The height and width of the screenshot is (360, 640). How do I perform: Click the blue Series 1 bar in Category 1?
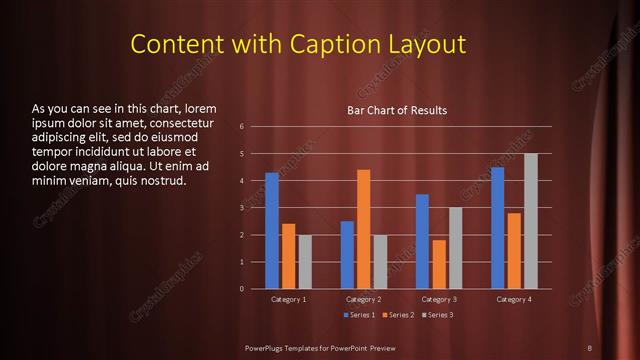coord(272,231)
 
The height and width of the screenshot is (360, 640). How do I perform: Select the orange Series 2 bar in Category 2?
coord(363,229)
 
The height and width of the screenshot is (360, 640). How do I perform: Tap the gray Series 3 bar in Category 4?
coord(530,221)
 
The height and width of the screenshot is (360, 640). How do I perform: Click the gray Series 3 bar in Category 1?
coord(305,262)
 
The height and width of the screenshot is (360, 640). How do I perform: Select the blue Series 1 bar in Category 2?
coord(347,255)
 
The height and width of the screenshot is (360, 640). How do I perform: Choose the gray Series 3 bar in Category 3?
coord(455,248)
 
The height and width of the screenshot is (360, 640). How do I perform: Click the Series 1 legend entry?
coord(360,315)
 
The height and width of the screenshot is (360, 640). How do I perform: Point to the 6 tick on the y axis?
coord(242,127)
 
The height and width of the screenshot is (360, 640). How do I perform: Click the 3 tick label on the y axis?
coord(242,208)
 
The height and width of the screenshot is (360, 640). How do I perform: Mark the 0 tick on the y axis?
coord(242,289)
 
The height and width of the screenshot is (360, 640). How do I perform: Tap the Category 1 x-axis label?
coord(288,299)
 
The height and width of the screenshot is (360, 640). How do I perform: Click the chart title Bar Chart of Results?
coord(397,110)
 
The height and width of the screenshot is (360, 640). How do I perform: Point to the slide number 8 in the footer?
coord(589,347)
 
